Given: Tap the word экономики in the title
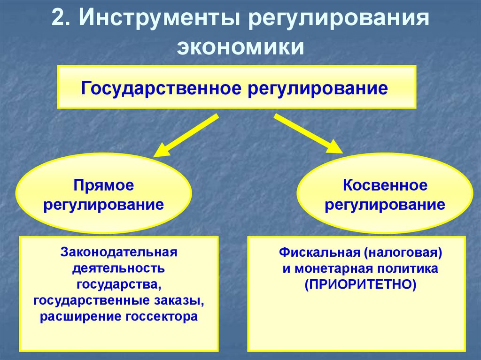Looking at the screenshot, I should click(x=240, y=48).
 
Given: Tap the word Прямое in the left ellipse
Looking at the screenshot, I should click(x=103, y=185).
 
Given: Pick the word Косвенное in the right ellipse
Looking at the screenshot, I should click(x=385, y=185).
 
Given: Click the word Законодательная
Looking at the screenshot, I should click(x=118, y=253).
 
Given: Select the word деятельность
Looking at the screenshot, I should click(x=118, y=268).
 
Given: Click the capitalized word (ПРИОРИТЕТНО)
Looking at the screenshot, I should click(x=360, y=284).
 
